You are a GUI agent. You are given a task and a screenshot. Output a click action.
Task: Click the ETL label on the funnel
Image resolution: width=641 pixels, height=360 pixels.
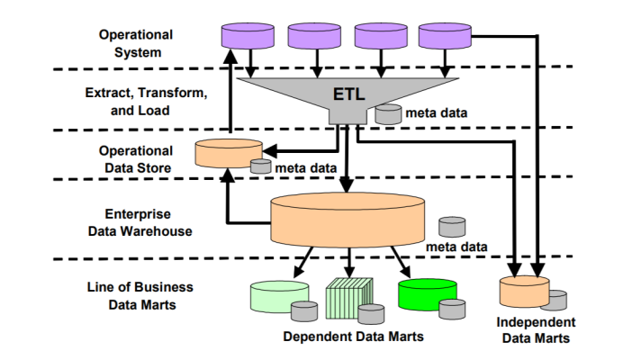point(347,94)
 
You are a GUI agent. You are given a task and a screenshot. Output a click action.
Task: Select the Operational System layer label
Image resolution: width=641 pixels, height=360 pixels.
point(135,43)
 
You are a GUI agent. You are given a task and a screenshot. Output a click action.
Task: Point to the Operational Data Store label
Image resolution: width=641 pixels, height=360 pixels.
point(135,158)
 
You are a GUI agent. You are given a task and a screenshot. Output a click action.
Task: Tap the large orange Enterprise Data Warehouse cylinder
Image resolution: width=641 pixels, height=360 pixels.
point(348,221)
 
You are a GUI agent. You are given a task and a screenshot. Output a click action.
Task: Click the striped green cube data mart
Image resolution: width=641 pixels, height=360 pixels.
point(348,295)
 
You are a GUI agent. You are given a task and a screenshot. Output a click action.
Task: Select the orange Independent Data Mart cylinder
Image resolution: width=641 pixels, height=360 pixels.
point(523,292)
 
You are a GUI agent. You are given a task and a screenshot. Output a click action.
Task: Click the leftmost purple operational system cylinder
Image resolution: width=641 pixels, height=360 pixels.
point(248,36)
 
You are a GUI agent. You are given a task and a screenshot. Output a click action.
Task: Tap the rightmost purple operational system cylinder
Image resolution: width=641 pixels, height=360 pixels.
point(447,36)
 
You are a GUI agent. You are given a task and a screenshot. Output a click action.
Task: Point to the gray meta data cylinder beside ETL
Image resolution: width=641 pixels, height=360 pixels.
point(388,114)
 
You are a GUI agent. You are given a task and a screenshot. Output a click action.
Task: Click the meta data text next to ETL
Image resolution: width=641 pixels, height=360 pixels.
point(436,113)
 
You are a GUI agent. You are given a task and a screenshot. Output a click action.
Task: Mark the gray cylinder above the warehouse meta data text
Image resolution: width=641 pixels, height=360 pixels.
point(452,226)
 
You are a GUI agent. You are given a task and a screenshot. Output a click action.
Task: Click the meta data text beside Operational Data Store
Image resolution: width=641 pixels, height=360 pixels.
point(306,166)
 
